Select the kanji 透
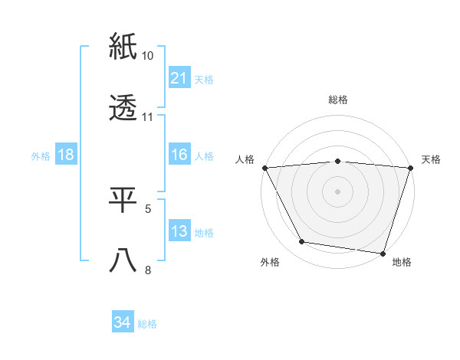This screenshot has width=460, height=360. (123, 108)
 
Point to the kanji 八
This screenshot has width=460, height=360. (123, 260)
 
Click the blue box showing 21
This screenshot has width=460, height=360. (179, 78)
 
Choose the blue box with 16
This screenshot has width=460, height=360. (179, 155)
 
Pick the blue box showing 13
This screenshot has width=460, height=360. (179, 231)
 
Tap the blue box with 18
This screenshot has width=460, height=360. (66, 155)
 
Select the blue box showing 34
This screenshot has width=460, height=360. (122, 323)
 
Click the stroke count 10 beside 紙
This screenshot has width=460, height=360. (148, 56)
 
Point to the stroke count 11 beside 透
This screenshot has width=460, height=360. (148, 117)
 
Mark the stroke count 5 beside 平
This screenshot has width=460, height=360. (148, 208)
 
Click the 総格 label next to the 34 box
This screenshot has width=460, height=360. (148, 324)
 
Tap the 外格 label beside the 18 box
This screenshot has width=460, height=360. (41, 155)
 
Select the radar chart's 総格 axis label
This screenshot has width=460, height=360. (337, 100)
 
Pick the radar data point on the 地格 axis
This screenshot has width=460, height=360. (383, 253)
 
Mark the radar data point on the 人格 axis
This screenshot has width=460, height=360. (264, 167)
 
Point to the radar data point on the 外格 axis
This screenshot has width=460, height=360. (302, 242)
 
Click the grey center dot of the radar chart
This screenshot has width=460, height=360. (337, 191)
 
